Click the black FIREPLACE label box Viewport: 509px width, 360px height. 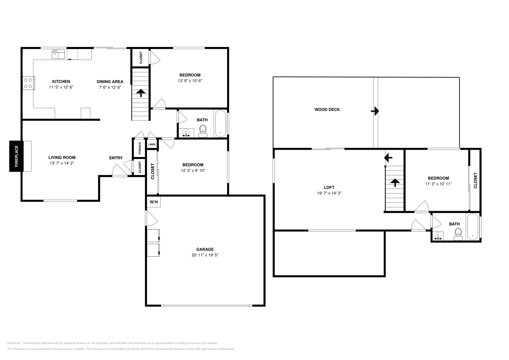[16, 156]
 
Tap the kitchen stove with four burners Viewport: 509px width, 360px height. [28, 83]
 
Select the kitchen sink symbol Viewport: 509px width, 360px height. [58, 54]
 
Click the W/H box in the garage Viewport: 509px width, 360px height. [153, 202]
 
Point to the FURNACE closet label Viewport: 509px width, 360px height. [140, 148]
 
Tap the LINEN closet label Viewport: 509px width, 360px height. [152, 144]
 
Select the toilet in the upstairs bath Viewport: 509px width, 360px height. [458, 234]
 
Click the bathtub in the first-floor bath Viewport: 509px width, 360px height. [220, 124]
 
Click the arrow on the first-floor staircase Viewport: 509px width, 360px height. [141, 93]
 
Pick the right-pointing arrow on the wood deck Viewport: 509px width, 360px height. [375, 111]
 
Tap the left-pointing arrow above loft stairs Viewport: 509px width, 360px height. [388, 157]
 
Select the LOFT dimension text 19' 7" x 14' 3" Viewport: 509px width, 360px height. [329, 193]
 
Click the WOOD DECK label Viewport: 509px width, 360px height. [327, 109]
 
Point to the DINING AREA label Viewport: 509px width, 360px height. [110, 82]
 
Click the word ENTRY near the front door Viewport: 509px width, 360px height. [116, 158]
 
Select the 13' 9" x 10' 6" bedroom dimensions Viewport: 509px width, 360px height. [190, 81]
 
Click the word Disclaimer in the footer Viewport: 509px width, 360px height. [14, 343]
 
